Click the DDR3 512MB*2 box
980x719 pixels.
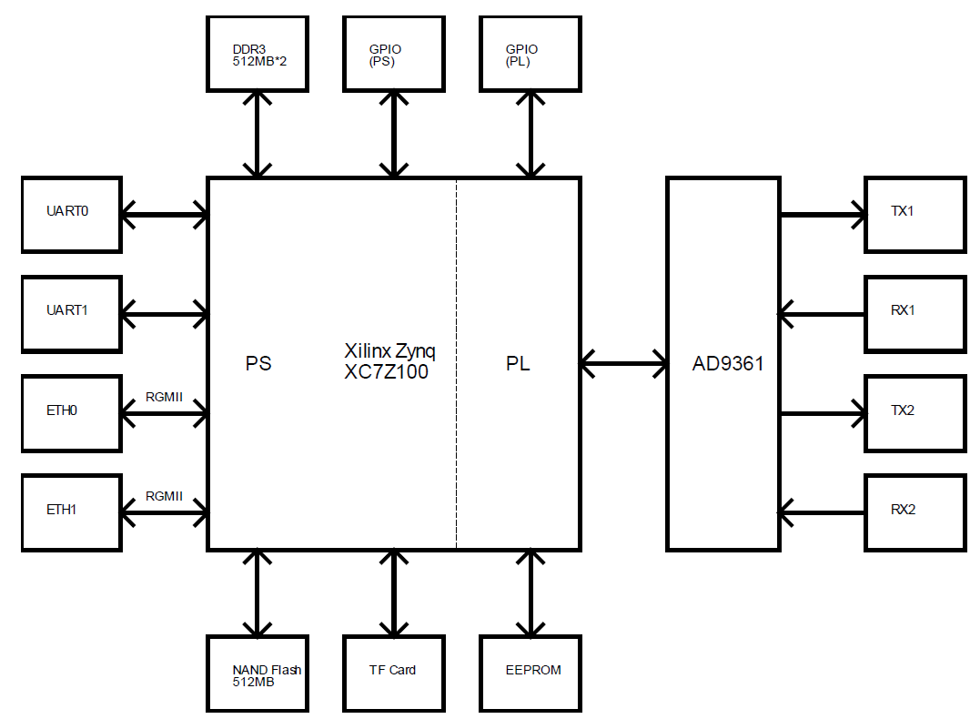(x=258, y=54)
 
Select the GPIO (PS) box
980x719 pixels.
(x=394, y=54)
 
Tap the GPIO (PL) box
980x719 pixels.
(x=530, y=54)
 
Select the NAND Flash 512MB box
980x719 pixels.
(x=258, y=673)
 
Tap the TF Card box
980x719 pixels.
(x=394, y=673)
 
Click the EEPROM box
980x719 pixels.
(x=530, y=673)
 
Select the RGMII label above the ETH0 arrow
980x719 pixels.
(x=164, y=398)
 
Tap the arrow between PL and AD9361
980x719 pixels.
(x=623, y=364)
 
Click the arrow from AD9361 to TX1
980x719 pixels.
(x=823, y=216)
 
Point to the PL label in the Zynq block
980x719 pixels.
(x=518, y=364)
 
